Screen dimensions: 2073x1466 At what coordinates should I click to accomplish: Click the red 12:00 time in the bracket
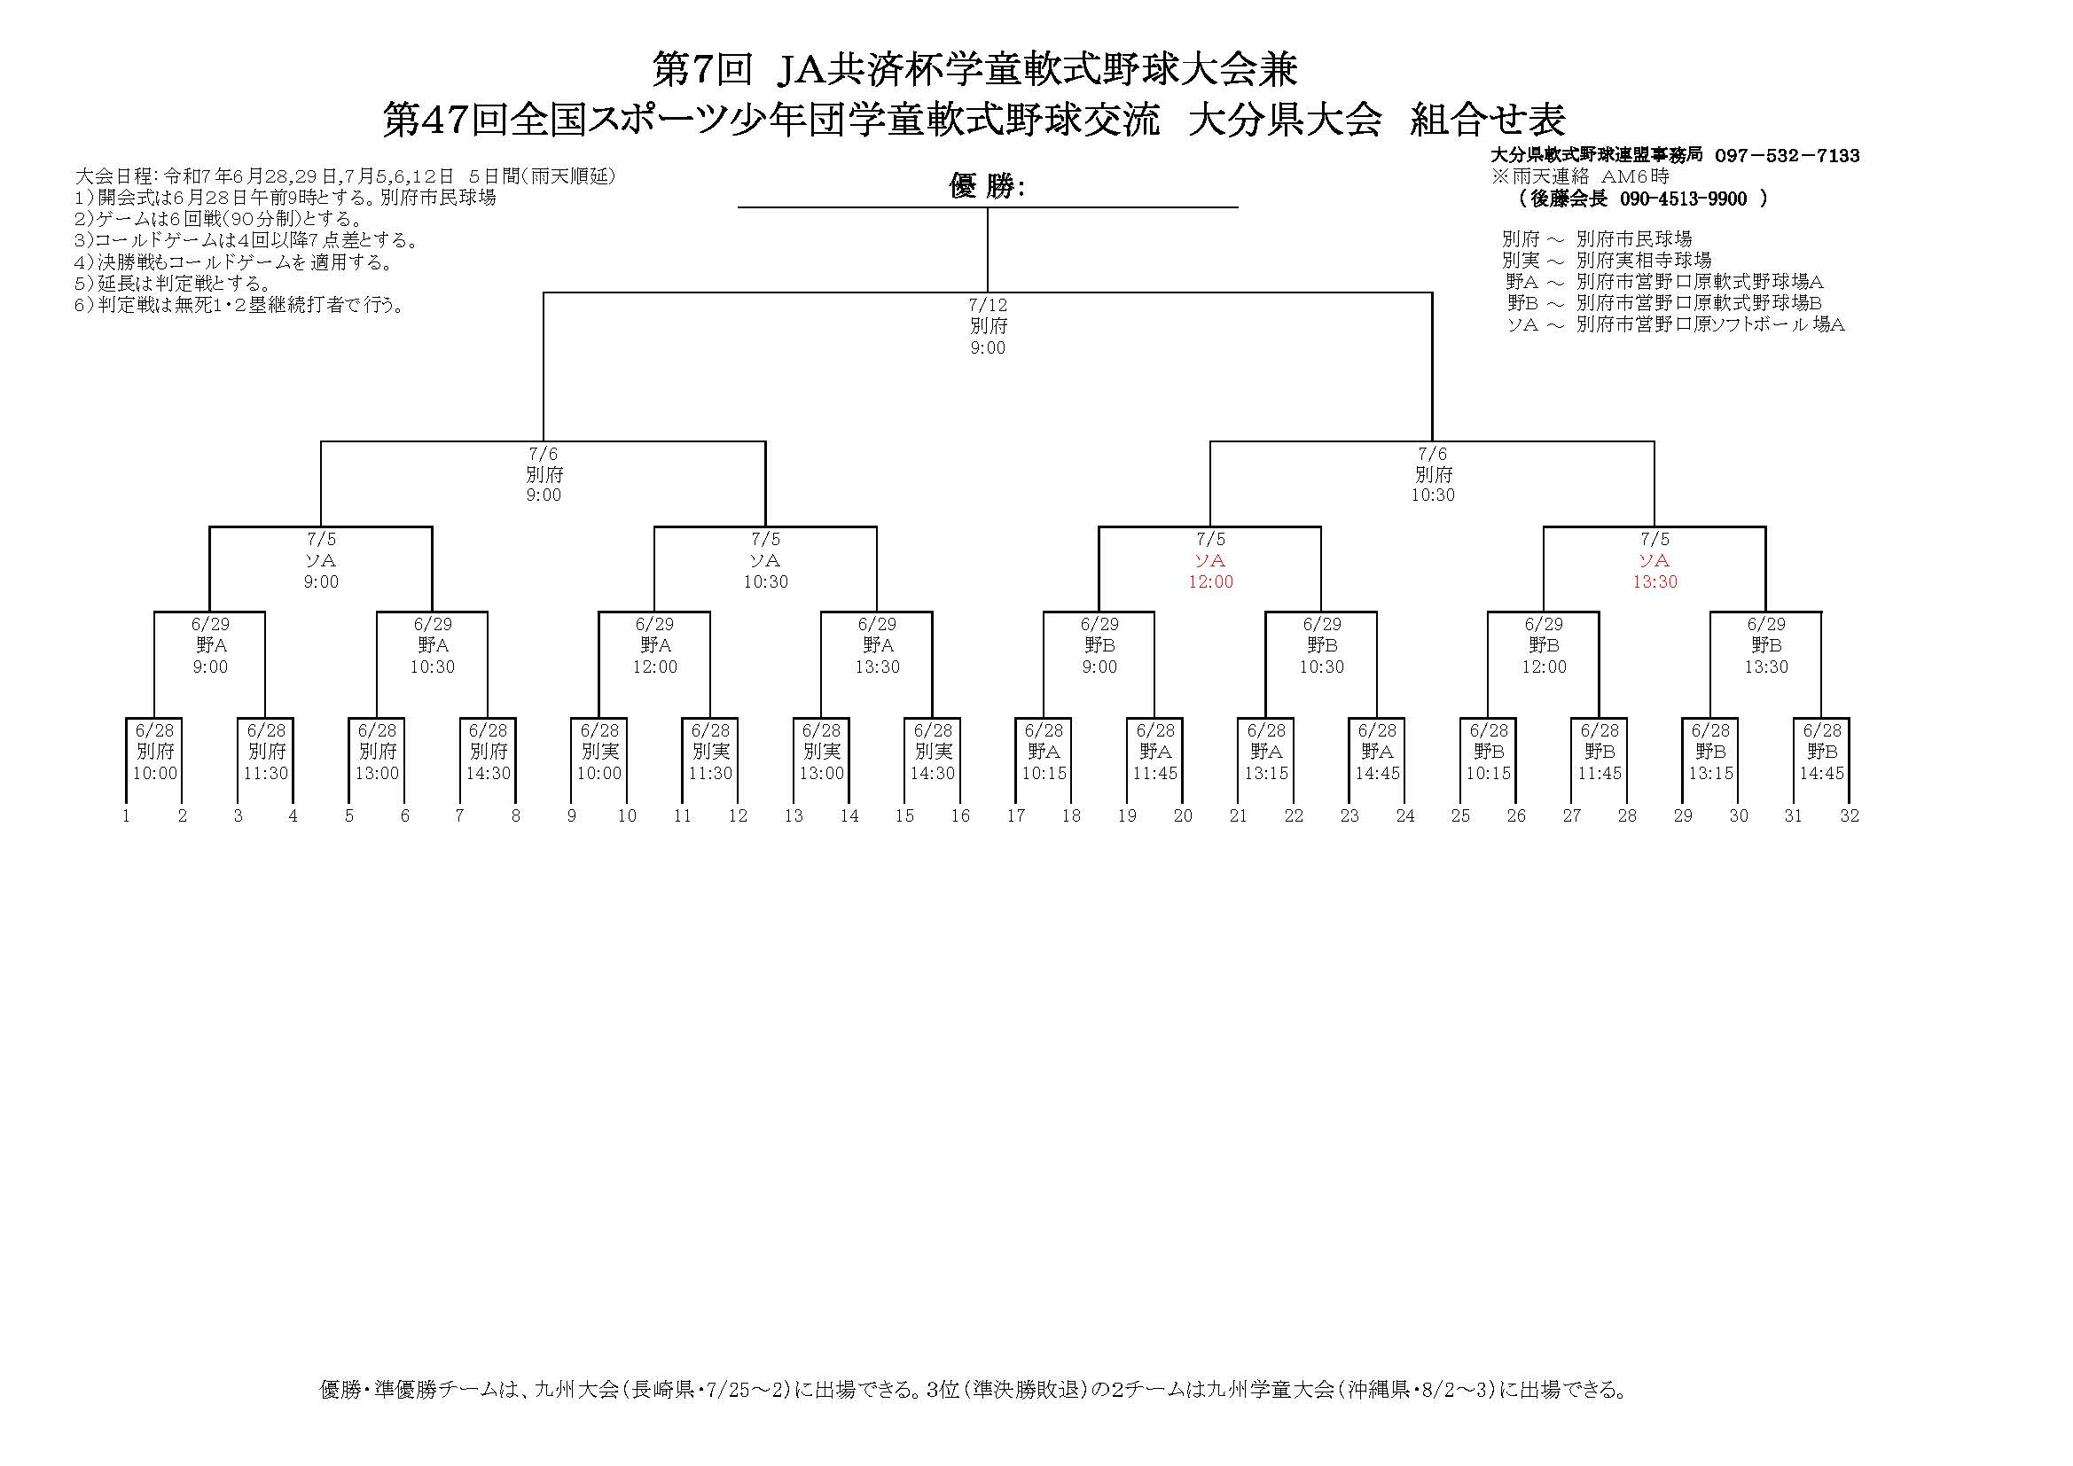(x=1210, y=582)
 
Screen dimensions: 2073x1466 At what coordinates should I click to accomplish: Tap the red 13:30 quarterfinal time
(x=1654, y=582)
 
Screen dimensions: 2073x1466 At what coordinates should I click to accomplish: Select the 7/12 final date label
(x=988, y=305)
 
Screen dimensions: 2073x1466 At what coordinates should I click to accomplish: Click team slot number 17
(x=1016, y=816)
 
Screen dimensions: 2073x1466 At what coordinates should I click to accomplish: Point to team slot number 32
(x=1849, y=816)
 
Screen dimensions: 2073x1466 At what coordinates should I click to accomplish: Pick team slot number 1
(x=127, y=816)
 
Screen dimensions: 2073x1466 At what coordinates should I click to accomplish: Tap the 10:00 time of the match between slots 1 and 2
(x=155, y=774)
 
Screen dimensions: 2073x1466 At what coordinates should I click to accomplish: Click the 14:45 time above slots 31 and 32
(x=1822, y=774)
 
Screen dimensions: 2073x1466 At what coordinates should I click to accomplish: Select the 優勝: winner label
(x=988, y=186)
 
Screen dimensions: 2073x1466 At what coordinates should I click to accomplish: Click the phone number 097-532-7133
(x=1787, y=155)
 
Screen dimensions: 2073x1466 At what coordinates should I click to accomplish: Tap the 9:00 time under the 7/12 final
(x=988, y=348)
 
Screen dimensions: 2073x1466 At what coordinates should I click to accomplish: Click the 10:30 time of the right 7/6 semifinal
(x=1433, y=495)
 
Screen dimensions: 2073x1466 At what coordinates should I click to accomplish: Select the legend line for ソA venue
(x=1675, y=325)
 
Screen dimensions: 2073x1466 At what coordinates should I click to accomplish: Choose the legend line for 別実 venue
(x=1607, y=261)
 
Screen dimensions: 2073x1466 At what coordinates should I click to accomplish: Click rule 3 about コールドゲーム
(x=246, y=241)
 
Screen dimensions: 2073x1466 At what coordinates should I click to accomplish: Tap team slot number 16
(x=959, y=816)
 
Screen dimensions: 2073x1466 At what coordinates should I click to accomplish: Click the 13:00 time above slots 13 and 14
(x=822, y=774)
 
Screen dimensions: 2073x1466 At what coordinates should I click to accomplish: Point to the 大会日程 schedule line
(x=345, y=176)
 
